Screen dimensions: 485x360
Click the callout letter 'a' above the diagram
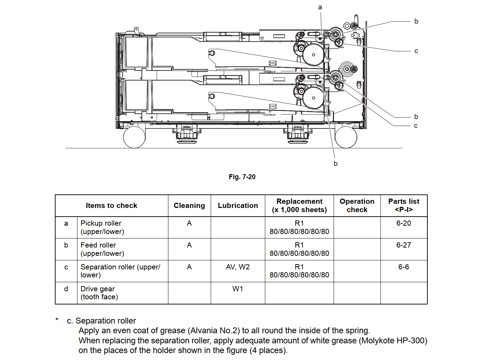320,7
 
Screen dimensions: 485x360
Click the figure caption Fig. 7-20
242,177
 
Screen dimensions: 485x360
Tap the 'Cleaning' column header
189,206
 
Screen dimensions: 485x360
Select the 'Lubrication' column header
238,206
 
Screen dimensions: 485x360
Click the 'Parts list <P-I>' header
404,206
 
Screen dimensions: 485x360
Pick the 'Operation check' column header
357,206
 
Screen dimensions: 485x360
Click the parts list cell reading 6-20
404,223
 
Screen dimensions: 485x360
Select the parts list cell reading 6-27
404,245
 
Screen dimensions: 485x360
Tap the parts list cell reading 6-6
404,267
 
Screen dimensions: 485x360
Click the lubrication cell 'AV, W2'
238,267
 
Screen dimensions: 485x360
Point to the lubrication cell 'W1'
238,289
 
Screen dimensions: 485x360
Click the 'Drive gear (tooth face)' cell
99,293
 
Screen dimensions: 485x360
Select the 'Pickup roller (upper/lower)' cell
102,227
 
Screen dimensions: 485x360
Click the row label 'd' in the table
66,289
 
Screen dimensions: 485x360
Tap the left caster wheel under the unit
134,137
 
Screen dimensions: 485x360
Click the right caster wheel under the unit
346,137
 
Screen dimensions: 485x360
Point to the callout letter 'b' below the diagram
336,164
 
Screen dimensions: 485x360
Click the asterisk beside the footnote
57,319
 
